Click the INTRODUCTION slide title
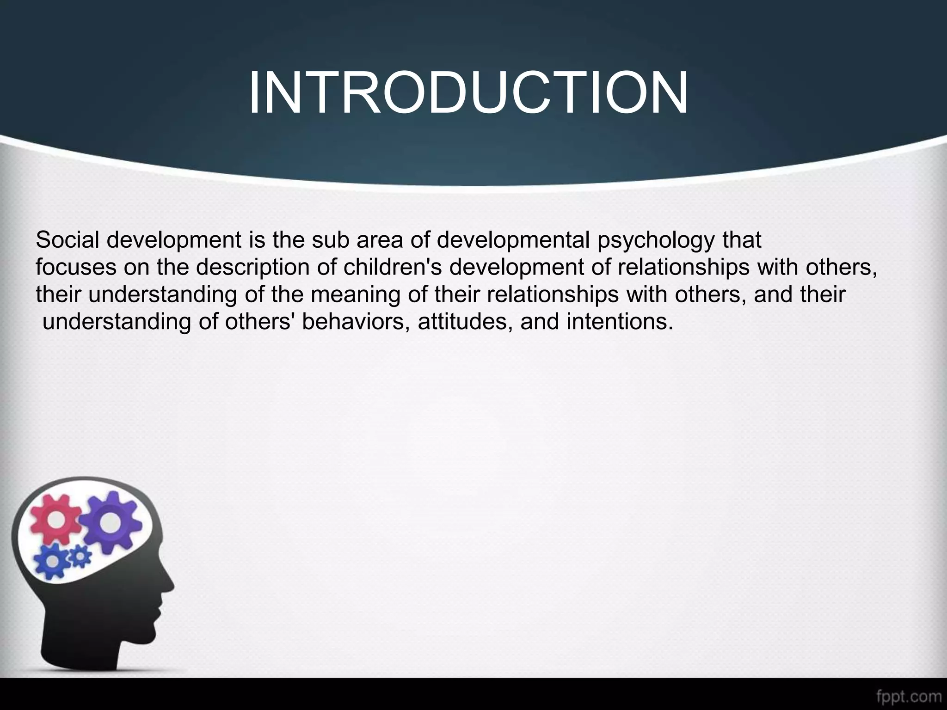(468, 93)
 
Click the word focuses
(76, 267)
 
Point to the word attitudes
(465, 322)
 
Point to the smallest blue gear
(80, 557)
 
